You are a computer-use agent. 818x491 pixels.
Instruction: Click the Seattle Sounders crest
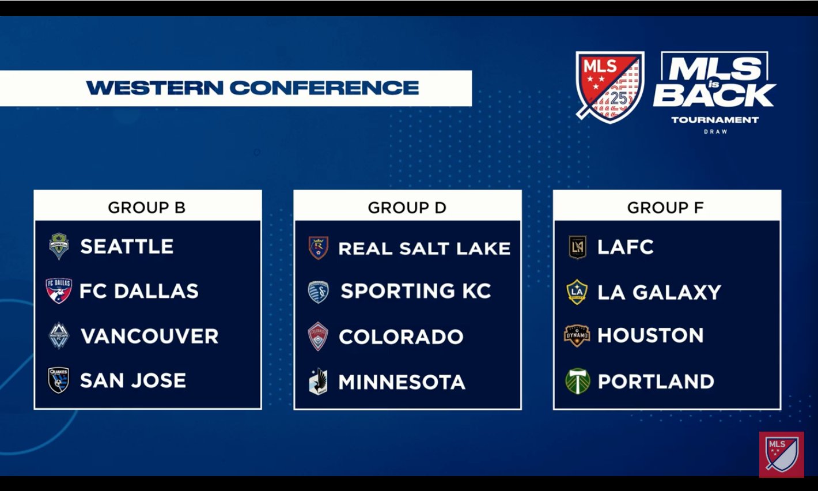click(59, 246)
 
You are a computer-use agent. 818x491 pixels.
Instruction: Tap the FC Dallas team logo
click(58, 291)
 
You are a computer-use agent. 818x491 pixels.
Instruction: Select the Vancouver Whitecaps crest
click(59, 335)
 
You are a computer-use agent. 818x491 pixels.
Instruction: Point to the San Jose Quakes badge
click(58, 380)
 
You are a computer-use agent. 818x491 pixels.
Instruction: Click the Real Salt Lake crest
click(319, 248)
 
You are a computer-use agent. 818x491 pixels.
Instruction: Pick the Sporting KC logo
click(319, 292)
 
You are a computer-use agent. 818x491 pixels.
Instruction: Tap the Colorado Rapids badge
click(318, 336)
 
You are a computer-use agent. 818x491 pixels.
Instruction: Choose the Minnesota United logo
click(318, 382)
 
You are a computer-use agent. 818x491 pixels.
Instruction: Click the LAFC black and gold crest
click(578, 247)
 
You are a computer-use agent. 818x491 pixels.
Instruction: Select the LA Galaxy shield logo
click(577, 292)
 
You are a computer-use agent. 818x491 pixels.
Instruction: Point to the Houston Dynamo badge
click(577, 336)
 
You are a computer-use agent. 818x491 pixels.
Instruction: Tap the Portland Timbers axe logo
click(577, 381)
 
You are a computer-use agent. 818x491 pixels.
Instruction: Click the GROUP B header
click(147, 207)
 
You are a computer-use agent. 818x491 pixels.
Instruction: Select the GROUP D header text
click(407, 207)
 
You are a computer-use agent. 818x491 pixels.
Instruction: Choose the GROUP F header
click(665, 207)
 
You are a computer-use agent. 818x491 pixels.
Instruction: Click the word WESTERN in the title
click(155, 88)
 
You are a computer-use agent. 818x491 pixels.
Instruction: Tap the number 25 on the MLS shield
click(619, 99)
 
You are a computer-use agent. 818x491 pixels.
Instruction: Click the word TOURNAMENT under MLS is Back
click(715, 120)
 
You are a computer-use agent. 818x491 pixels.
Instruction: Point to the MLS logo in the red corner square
click(782, 455)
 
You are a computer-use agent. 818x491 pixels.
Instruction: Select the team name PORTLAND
click(656, 382)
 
